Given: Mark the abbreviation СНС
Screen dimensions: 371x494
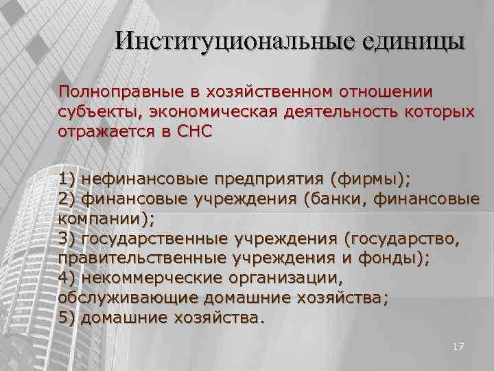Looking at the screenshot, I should [x=193, y=132].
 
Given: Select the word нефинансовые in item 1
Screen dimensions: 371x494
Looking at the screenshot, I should [x=144, y=180].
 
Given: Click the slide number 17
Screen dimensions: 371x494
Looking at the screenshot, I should [x=458, y=348].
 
